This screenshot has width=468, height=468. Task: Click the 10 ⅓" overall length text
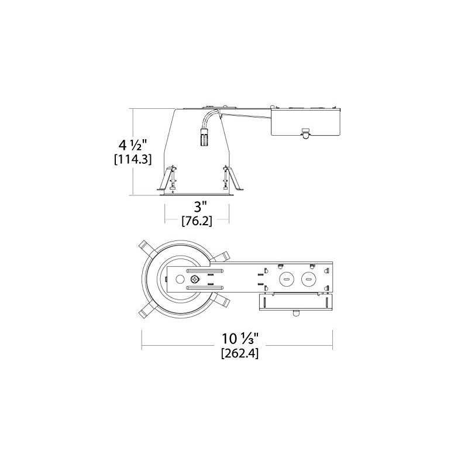[239, 338]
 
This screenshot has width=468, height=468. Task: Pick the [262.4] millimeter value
[239, 353]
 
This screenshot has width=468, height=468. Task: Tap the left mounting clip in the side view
[168, 178]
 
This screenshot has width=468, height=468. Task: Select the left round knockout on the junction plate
[286, 279]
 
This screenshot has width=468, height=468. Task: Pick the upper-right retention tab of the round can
[223, 256]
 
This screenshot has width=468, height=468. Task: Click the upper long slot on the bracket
[205, 271]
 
